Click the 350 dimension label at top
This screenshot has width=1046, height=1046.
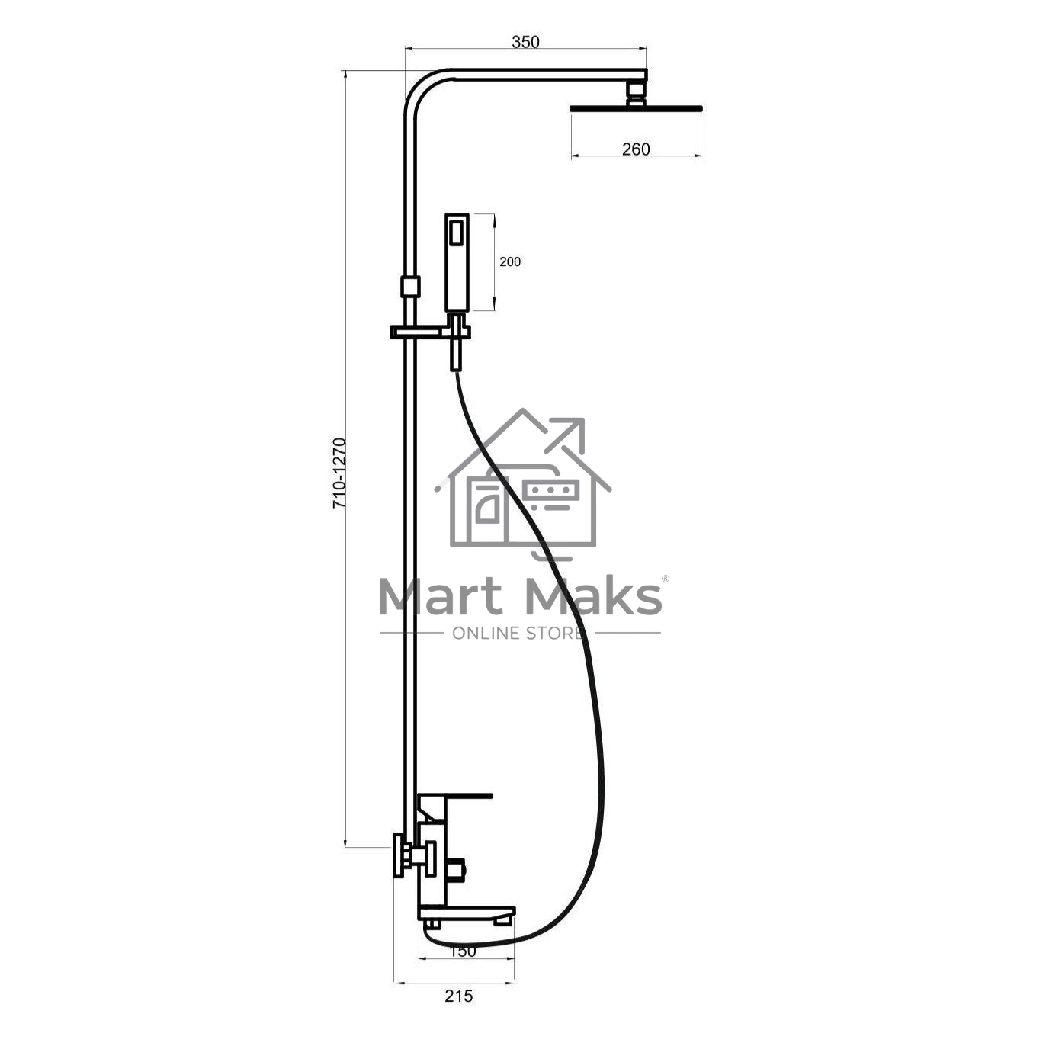point(525,42)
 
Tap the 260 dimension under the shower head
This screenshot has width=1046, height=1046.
point(636,149)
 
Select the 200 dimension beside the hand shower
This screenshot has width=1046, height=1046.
point(510,261)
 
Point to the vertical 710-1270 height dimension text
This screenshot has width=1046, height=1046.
point(339,473)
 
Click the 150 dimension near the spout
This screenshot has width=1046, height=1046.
point(463,951)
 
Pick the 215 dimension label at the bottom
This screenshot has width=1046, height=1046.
point(459,996)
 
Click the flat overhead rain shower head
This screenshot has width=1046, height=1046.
point(636,108)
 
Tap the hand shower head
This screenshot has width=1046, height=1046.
point(457,262)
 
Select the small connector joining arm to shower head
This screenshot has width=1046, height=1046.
point(636,93)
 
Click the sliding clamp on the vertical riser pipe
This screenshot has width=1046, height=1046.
point(410,287)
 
